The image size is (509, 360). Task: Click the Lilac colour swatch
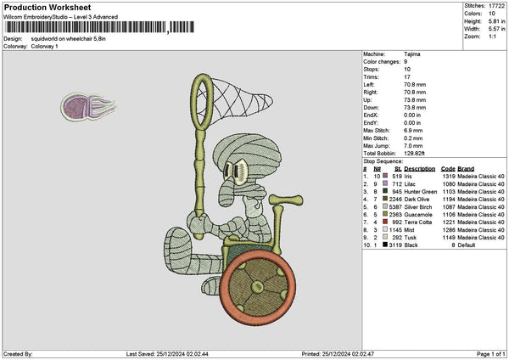coord(387,183)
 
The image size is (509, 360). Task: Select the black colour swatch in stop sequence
coord(387,245)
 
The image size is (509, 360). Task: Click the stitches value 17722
coord(496,6)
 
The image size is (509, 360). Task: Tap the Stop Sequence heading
coord(383,160)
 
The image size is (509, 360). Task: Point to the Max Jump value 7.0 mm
coord(415,144)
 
